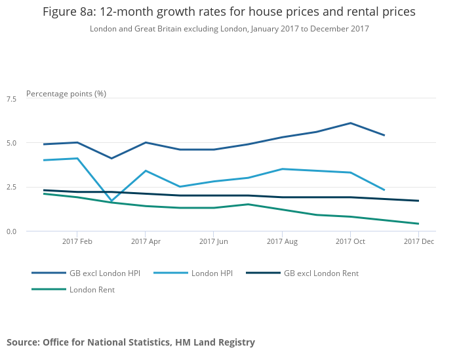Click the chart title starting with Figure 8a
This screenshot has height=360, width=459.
coord(229,12)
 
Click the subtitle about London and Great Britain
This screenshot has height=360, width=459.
coord(229,29)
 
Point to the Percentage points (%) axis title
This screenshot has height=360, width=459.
coord(66,93)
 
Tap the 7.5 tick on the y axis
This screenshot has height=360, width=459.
coord(11,98)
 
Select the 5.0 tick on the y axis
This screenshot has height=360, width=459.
coord(11,143)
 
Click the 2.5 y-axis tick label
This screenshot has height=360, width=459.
coord(11,187)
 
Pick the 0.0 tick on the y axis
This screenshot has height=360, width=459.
coord(11,231)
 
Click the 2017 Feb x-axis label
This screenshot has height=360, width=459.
coord(77,241)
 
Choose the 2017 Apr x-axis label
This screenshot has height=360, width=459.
coord(146,241)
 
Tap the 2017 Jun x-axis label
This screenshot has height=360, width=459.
coord(214,241)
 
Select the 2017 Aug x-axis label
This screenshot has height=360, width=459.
coord(282,241)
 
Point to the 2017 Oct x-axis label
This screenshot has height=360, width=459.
coord(350,241)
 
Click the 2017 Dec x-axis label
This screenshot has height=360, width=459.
coord(419,241)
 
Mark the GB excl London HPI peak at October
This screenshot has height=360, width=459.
coord(350,123)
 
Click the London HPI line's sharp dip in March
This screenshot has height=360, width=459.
coord(111,201)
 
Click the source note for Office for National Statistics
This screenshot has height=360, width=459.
coord(130,342)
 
